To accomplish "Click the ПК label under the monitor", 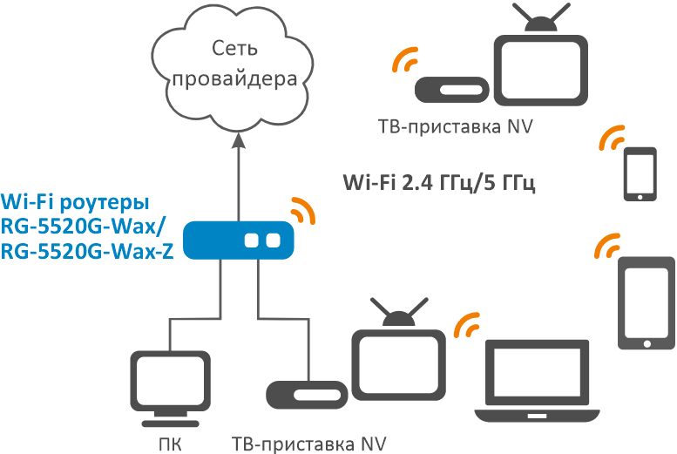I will [171, 444].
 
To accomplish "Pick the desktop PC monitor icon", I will [170, 384].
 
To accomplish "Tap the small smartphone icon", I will [640, 174].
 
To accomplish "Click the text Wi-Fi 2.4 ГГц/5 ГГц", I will [438, 183].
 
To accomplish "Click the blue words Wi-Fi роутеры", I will [75, 201].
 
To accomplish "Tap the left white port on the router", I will [254, 240].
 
